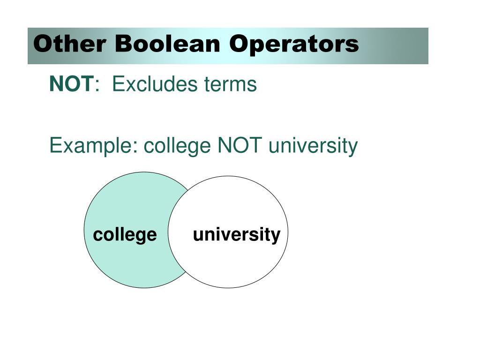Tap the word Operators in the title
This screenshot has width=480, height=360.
(x=294, y=45)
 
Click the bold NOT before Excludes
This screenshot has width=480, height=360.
(x=72, y=84)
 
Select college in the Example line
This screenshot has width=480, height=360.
(x=177, y=146)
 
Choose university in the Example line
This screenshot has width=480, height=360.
(x=313, y=146)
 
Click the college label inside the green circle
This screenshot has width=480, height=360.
(x=125, y=234)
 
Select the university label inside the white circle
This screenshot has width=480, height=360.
(x=237, y=234)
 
